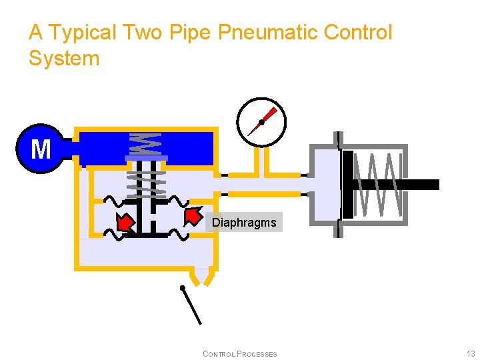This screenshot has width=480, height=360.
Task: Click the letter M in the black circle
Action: (x=41, y=149)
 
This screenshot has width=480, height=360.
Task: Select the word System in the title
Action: (x=64, y=59)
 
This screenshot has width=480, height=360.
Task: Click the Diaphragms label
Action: (x=244, y=223)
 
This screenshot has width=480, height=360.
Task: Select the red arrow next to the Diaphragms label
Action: (x=193, y=216)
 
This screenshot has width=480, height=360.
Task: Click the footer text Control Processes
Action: (x=239, y=354)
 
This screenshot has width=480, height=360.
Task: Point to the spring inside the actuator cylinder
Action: (x=378, y=184)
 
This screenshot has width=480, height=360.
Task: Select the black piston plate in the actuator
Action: (x=347, y=185)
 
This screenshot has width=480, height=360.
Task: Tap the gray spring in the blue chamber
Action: (x=145, y=143)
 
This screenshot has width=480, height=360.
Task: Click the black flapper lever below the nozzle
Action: (x=191, y=305)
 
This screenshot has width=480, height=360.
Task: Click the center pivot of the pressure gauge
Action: (x=261, y=123)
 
